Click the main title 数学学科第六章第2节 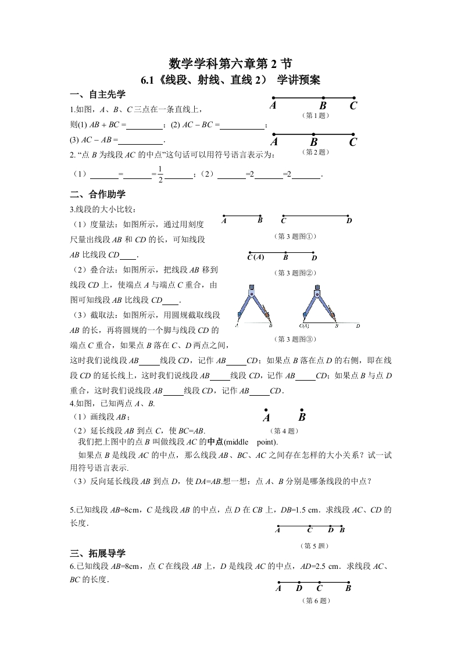coord(230,63)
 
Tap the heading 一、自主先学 coord(97,95)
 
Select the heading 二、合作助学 coord(97,194)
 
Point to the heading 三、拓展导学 coord(97,553)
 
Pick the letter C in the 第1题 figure coord(353,106)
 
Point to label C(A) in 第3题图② coord(256,257)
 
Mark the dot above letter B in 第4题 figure coord(301,409)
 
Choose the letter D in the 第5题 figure coord(330,529)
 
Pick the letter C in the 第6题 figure coord(319,588)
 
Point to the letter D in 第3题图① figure coord(349,221)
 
